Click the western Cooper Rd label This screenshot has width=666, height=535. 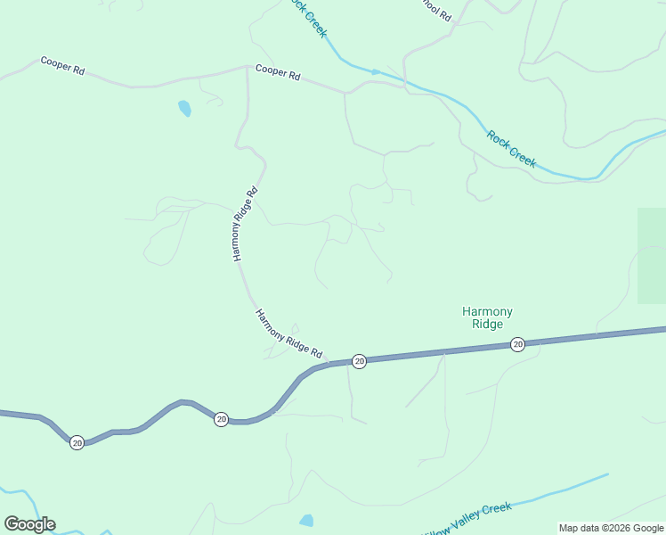click(x=62, y=65)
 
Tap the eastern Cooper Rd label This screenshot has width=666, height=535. click(x=278, y=71)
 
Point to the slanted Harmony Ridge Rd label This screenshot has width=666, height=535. click(x=288, y=333)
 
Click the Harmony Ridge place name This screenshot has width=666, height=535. click(x=487, y=317)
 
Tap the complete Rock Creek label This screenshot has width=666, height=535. click(x=512, y=149)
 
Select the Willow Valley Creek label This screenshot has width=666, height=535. click(x=468, y=516)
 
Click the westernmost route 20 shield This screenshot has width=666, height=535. click(x=77, y=442)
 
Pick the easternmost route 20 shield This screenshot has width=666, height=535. click(x=517, y=344)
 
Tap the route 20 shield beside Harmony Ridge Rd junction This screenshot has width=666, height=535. click(x=359, y=360)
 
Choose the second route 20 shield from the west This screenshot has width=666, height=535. click(x=221, y=418)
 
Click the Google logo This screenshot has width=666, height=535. click(x=29, y=523)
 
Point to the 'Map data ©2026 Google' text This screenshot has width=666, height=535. click(x=611, y=528)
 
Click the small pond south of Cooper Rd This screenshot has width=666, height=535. click(x=184, y=109)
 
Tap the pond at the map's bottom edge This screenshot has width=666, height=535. click(x=306, y=520)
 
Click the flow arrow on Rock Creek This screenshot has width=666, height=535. click(x=376, y=71)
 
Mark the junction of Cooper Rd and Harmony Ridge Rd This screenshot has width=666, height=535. click(x=247, y=66)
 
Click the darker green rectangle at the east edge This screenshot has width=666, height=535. click(x=652, y=255)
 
